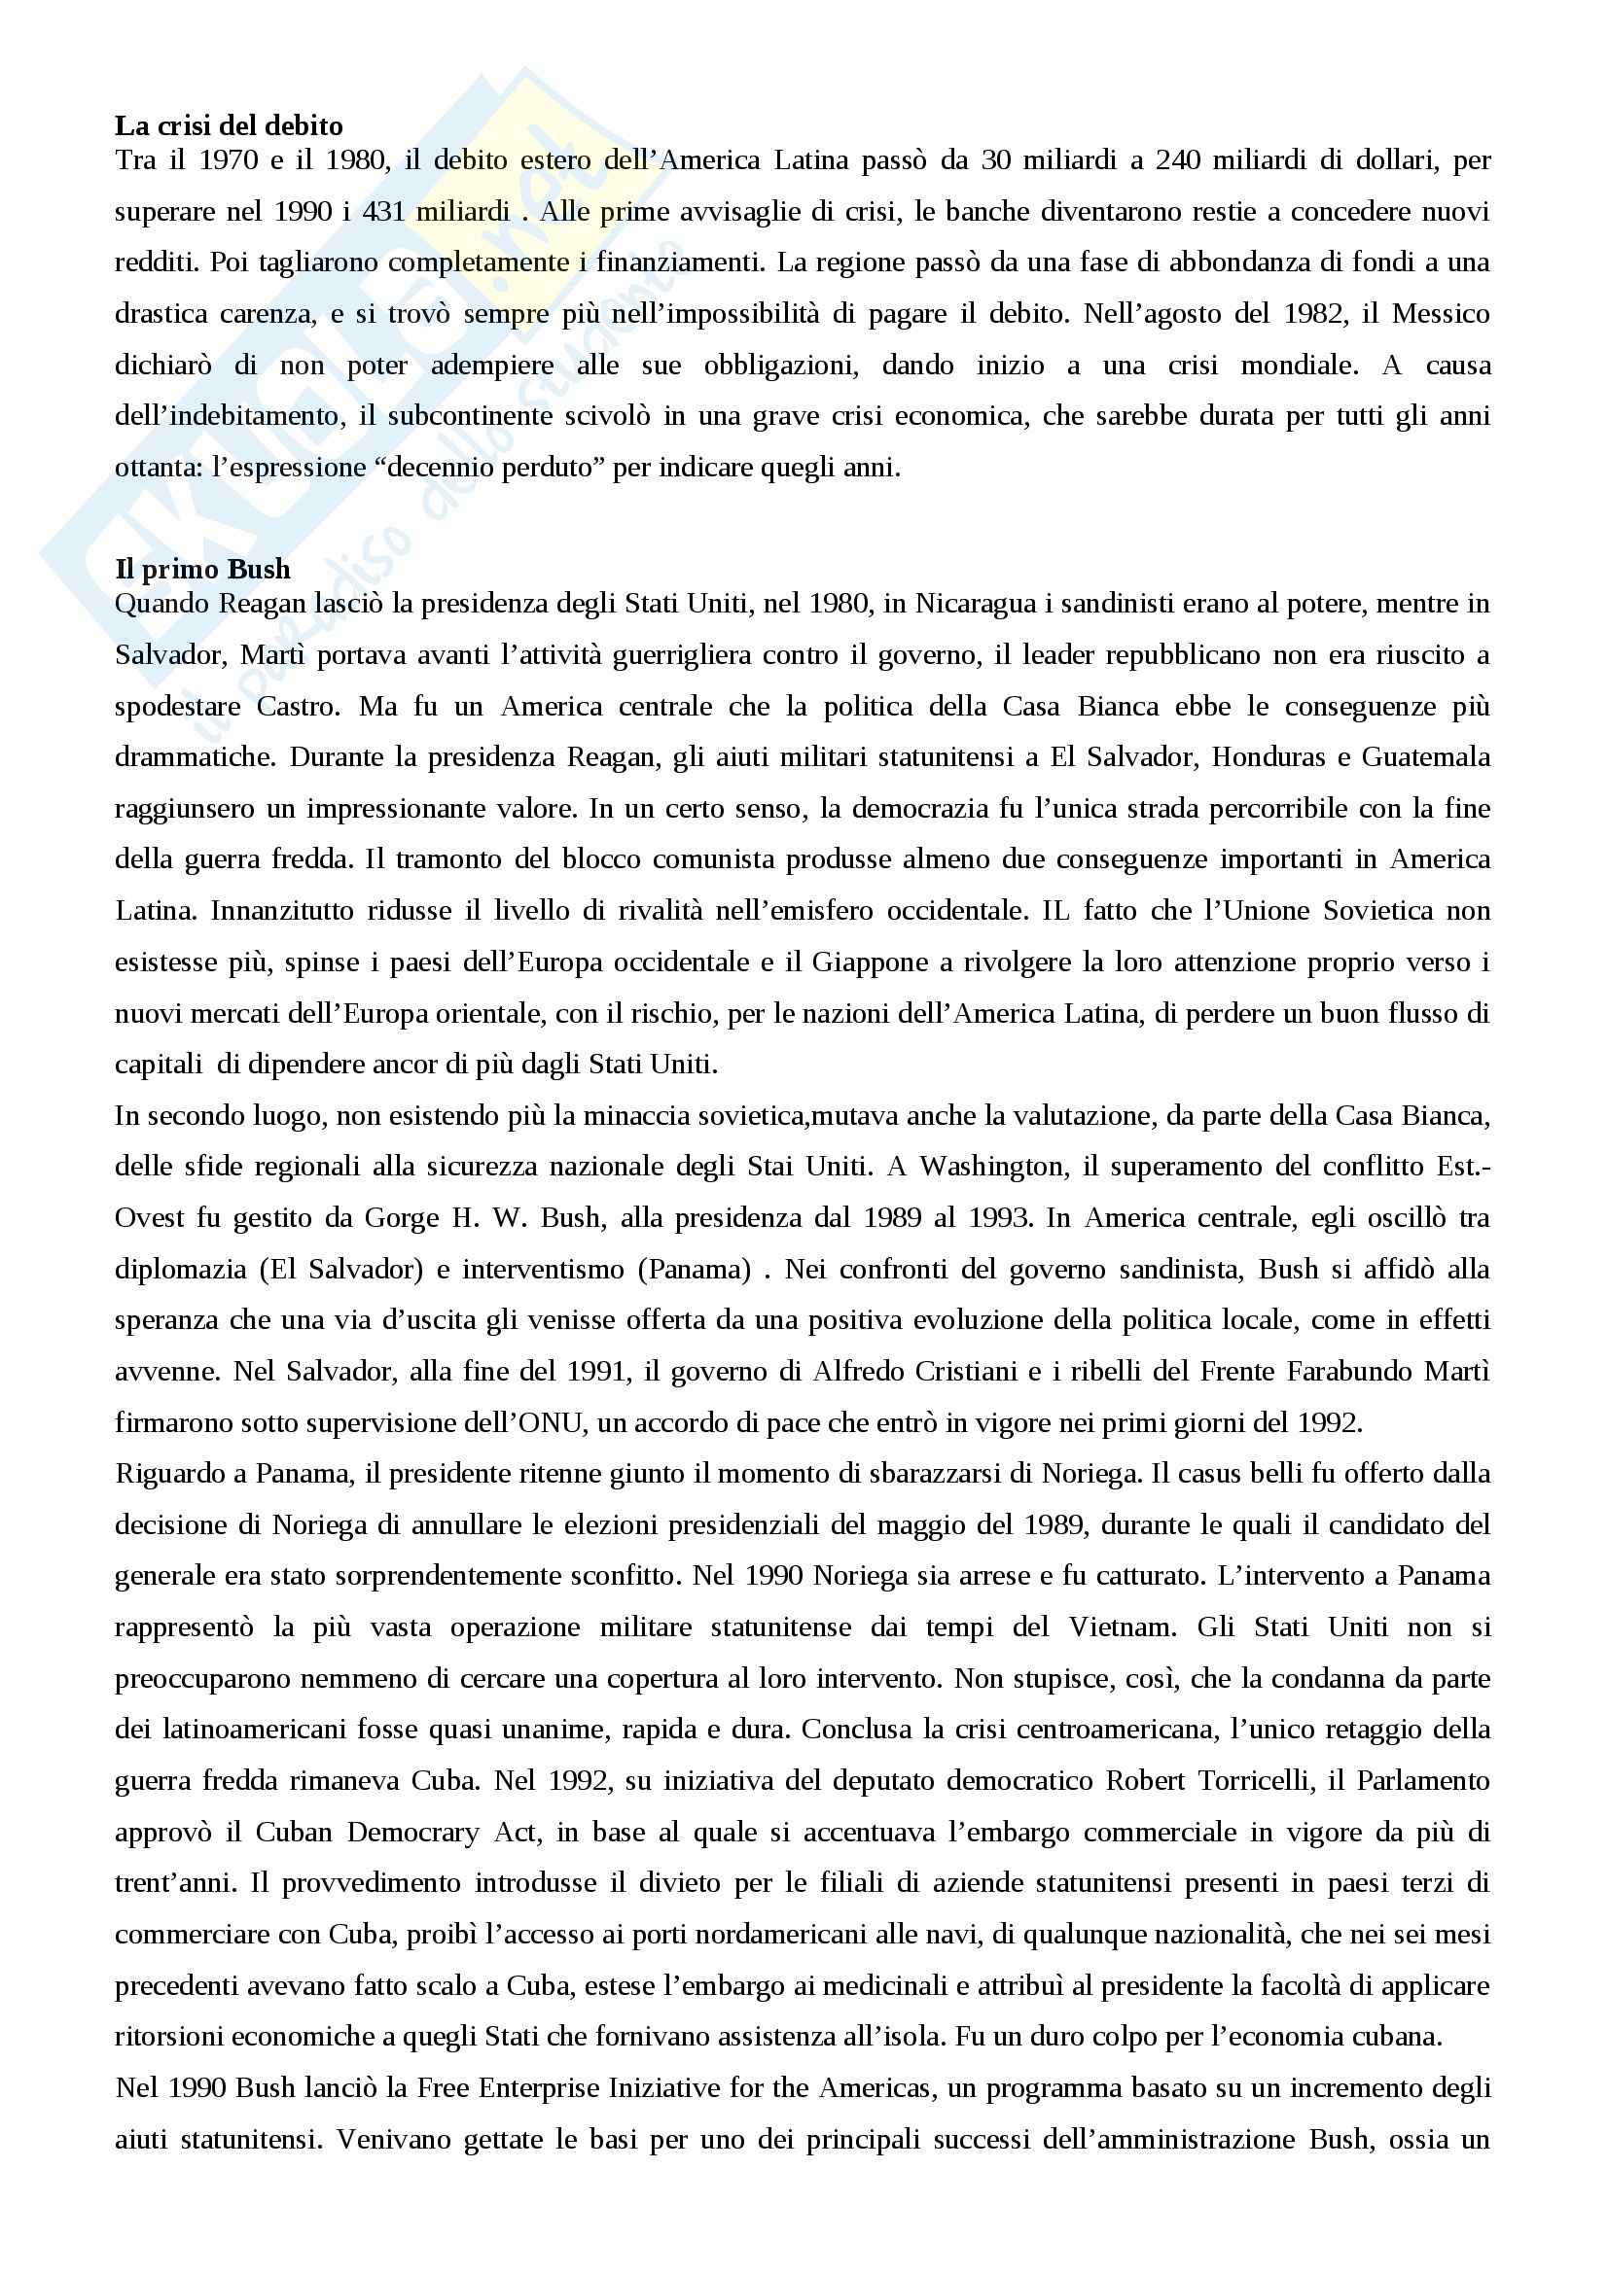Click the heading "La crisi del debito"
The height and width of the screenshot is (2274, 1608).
tap(229, 125)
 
